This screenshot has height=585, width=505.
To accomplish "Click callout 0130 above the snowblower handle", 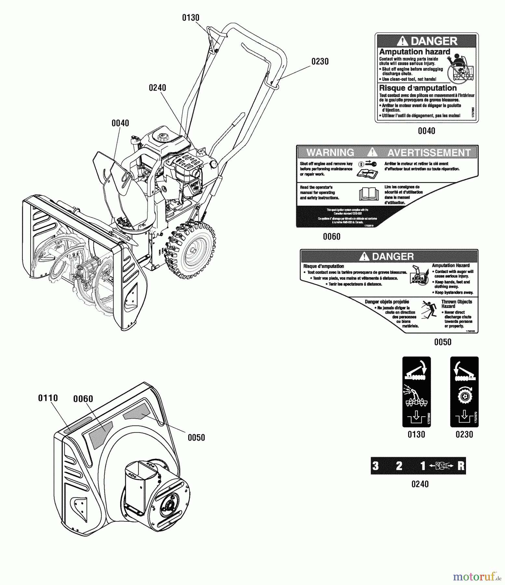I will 191,18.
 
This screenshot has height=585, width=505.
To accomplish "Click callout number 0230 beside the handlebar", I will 320,61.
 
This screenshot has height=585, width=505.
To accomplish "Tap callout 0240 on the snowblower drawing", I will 157,88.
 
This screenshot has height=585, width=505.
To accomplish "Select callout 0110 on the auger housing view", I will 48,398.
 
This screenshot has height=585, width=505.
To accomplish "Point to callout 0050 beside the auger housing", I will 196,437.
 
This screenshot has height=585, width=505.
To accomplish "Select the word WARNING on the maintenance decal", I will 330,152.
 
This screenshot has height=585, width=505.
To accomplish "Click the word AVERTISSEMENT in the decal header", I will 429,152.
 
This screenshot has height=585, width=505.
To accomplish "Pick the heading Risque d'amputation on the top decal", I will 418,88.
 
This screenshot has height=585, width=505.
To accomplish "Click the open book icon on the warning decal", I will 369,194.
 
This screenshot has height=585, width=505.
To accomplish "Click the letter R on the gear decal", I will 461,466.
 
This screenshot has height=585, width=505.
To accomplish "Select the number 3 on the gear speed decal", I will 376,466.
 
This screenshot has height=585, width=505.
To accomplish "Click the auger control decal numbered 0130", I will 417,392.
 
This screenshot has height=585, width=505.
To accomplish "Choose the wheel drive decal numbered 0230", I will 464,392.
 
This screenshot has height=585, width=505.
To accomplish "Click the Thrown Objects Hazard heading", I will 456,304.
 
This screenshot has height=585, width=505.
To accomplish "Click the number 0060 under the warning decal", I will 332,237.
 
